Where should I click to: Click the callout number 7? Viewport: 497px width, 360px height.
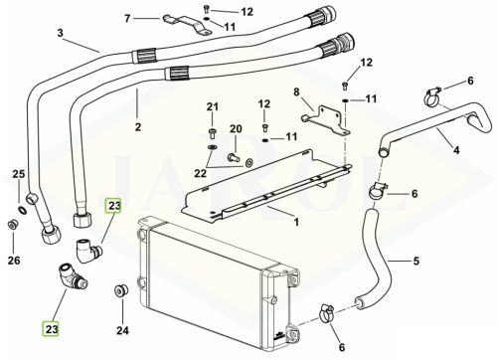[x=127, y=19]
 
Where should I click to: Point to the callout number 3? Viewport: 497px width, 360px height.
[x=60, y=33]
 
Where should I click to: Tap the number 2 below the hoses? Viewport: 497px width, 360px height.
[x=138, y=127]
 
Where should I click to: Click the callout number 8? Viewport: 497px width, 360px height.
[x=296, y=91]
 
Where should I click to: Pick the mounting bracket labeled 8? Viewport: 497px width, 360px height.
[x=326, y=120]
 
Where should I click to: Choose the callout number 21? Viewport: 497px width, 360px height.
[x=213, y=107]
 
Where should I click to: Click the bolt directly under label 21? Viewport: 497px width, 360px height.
[x=213, y=133]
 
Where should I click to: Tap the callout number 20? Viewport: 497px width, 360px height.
[x=236, y=128]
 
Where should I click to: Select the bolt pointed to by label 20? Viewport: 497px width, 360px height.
[x=235, y=157]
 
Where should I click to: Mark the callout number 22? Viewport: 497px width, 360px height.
[x=200, y=173]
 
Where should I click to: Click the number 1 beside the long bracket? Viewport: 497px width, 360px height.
[x=296, y=222]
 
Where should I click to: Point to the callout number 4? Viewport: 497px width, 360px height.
[x=456, y=150]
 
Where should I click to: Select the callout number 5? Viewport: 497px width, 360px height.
[x=416, y=262]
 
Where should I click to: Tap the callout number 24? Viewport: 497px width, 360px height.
[x=122, y=330]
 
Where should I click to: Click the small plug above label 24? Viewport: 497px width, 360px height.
[x=121, y=289]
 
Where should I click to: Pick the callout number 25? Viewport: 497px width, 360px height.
[x=19, y=174]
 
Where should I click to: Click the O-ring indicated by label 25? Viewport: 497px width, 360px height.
[x=22, y=210]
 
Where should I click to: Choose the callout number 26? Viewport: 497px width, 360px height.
[x=14, y=261]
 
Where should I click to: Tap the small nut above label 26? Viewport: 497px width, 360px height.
[x=12, y=225]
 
